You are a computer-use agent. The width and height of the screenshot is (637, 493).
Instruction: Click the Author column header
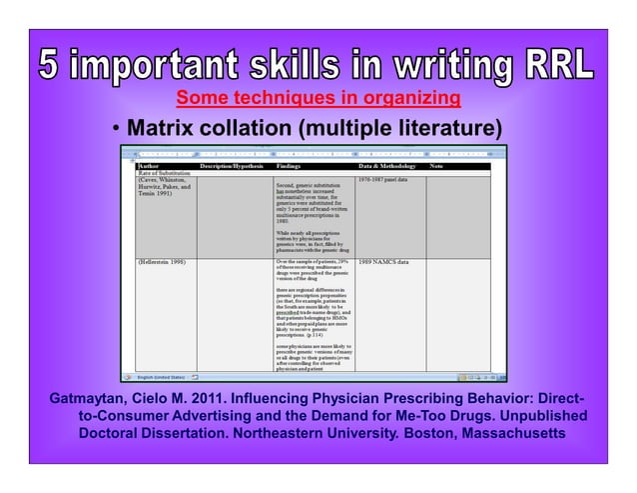pyautogui.click(x=149, y=166)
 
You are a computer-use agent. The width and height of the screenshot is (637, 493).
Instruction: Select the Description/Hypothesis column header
pyautogui.click(x=230, y=166)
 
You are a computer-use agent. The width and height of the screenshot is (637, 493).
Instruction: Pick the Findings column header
pyautogui.click(x=291, y=166)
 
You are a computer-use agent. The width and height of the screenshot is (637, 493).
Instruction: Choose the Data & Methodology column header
pyautogui.click(x=390, y=166)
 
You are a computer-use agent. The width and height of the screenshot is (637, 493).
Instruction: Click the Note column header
pyautogui.click(x=436, y=166)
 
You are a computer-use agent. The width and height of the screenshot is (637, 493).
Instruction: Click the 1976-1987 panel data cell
pyautogui.click(x=385, y=180)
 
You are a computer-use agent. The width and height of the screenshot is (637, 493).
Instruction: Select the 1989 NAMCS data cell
pyautogui.click(x=383, y=262)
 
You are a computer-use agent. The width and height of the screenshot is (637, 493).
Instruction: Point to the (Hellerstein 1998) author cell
pyautogui.click(x=164, y=262)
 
